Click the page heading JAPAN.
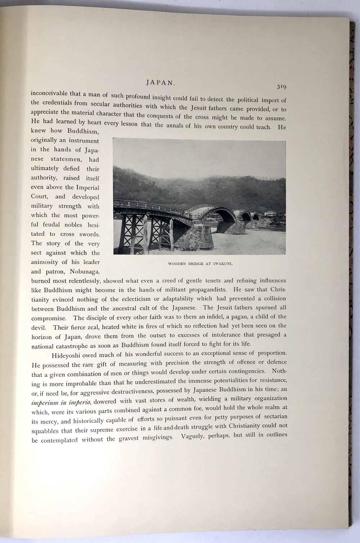click(161, 82)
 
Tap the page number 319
click(281, 87)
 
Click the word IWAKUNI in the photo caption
click(223, 264)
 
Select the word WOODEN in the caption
click(177, 264)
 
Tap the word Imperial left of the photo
click(87, 187)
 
